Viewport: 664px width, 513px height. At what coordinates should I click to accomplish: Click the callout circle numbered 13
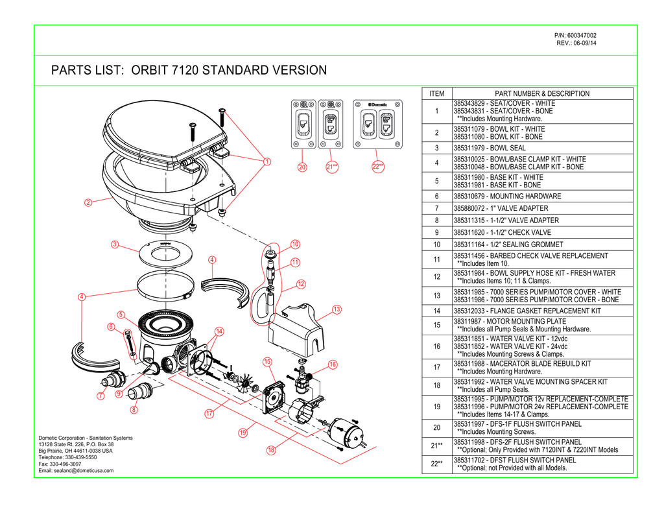pyautogui.click(x=337, y=309)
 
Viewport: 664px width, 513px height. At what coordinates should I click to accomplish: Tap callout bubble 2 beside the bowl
pyautogui.click(x=88, y=202)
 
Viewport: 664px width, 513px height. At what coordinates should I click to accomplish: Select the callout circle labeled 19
pyautogui.click(x=242, y=433)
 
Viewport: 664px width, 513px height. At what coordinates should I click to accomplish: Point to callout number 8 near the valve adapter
pyautogui.click(x=134, y=409)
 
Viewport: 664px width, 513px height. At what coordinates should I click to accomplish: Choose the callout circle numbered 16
pyautogui.click(x=333, y=364)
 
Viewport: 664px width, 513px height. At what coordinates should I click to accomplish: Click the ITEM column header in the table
pyautogui.click(x=436, y=94)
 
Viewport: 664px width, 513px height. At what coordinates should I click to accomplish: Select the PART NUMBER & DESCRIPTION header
pyautogui.click(x=541, y=94)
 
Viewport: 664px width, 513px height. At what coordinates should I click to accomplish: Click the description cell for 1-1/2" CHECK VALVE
pyautogui.click(x=502, y=232)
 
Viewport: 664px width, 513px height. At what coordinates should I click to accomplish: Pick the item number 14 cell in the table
pyautogui.click(x=436, y=311)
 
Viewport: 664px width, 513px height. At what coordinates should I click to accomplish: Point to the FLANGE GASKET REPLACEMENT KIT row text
pyautogui.click(x=527, y=311)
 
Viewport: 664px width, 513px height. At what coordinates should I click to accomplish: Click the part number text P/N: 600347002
pyautogui.click(x=575, y=35)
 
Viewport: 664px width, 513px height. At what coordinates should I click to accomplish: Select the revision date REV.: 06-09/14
pyautogui.click(x=576, y=43)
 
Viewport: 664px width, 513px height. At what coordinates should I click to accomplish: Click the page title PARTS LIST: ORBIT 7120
pyautogui.click(x=189, y=70)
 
